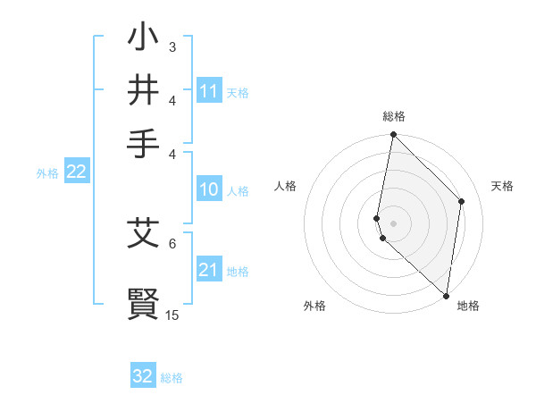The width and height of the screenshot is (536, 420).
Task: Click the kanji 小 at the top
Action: [x=143, y=40]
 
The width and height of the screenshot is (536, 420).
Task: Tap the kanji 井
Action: [x=143, y=91]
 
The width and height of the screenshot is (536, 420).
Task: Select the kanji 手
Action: [x=143, y=141]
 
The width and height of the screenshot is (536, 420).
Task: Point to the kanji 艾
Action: [x=143, y=233]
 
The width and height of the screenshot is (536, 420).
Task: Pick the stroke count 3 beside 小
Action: [x=172, y=46]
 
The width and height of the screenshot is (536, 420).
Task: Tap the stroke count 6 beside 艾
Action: [x=172, y=242]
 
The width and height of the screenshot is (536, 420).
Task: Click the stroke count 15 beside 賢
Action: [x=172, y=315]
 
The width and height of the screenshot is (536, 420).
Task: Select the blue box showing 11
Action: [x=209, y=91]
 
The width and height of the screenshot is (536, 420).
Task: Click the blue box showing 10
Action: [x=209, y=189]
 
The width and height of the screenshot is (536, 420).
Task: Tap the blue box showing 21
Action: [x=209, y=270]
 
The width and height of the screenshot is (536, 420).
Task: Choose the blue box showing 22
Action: [x=76, y=172]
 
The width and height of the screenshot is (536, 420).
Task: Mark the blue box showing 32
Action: [x=143, y=376]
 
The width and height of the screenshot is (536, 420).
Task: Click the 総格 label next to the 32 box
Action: [x=172, y=378]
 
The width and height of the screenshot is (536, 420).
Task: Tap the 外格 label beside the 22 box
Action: [x=47, y=173]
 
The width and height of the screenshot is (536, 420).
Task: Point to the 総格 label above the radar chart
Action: [x=393, y=116]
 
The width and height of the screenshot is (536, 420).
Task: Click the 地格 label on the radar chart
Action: [x=468, y=306]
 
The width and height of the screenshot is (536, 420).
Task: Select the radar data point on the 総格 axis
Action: [x=393, y=135]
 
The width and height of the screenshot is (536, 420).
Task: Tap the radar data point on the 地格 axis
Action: [x=446, y=296]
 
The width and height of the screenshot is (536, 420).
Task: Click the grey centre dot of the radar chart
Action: [x=393, y=223]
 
